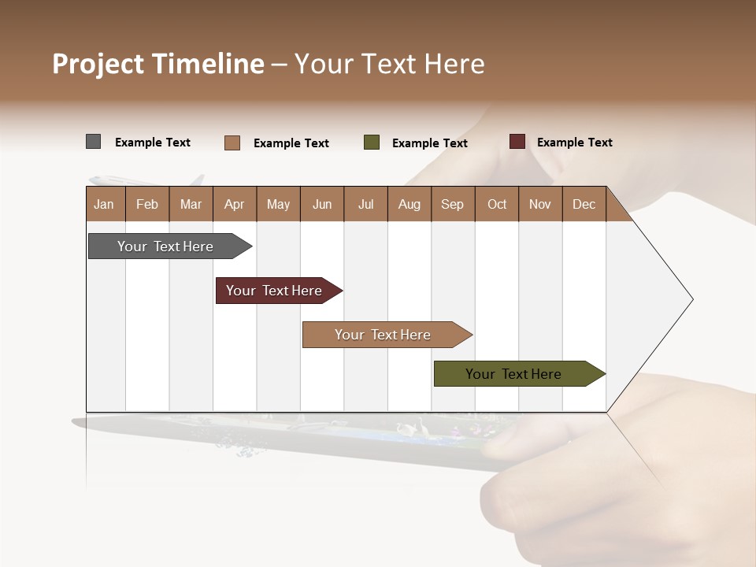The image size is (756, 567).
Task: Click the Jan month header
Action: pyautogui.click(x=104, y=204)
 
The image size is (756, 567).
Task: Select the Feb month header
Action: pyautogui.click(x=147, y=204)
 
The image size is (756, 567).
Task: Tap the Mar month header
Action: pyautogui.click(x=191, y=204)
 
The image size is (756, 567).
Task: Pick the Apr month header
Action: pyautogui.click(x=234, y=204)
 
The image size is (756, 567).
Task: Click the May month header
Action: pyautogui.click(x=278, y=204)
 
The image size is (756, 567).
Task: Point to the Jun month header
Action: pyautogui.click(x=322, y=204)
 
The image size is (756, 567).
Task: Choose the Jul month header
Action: pyautogui.click(x=365, y=204)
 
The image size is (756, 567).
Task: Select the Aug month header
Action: pyautogui.click(x=409, y=204)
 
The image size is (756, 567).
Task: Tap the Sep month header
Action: pyautogui.click(x=452, y=204)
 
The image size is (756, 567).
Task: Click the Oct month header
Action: pyautogui.click(x=497, y=204)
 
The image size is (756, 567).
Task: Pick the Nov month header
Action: pyautogui.click(x=540, y=204)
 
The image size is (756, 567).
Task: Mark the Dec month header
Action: pyautogui.click(x=584, y=204)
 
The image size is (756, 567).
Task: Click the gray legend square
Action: pyautogui.click(x=93, y=142)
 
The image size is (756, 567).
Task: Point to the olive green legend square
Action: pyautogui.click(x=372, y=143)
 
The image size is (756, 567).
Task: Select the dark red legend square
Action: pyautogui.click(x=517, y=142)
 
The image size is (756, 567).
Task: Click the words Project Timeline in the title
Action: pyautogui.click(x=157, y=64)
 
